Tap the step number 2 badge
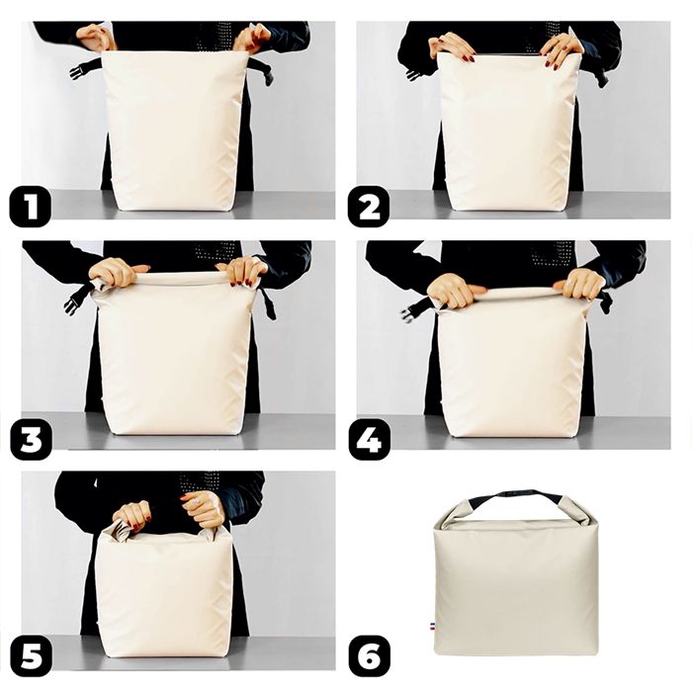point(369,209)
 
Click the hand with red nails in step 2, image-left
point(451,44)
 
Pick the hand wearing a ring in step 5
point(204,509)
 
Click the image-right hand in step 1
point(252,38)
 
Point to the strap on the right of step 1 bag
point(261,70)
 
